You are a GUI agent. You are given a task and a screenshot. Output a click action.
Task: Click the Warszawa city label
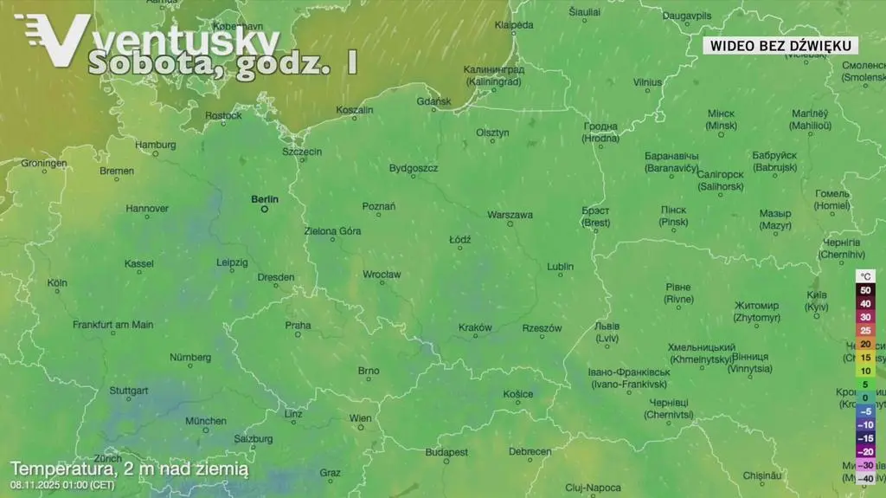point(510,214)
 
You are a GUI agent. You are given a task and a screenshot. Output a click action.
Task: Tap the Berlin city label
point(265,199)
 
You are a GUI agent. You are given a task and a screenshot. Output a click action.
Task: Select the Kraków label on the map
point(475,327)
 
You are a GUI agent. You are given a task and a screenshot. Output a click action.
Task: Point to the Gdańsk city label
point(433,101)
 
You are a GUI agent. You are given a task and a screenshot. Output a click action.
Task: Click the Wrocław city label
point(382,275)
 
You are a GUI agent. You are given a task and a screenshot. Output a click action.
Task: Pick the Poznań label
point(379,206)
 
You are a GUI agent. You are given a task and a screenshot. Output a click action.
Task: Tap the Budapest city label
point(446,452)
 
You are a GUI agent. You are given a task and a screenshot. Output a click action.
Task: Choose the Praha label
point(298,326)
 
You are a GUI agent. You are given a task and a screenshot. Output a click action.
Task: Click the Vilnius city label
point(647,82)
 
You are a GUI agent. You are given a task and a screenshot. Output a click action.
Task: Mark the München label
point(206,421)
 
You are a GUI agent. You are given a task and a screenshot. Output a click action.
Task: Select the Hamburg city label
point(156,145)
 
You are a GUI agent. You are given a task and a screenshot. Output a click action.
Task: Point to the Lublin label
point(560,267)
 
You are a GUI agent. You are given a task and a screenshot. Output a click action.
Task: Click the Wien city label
point(360,418)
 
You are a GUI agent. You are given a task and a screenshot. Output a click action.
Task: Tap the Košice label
point(518,394)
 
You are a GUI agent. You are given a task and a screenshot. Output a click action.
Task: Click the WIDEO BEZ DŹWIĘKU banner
point(780,46)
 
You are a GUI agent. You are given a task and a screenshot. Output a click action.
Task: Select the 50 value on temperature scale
point(865,290)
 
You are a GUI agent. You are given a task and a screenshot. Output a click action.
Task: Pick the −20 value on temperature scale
point(865,451)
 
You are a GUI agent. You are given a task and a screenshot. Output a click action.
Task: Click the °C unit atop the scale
point(866,276)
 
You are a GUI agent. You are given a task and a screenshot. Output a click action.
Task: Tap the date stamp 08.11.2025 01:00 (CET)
point(63,484)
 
